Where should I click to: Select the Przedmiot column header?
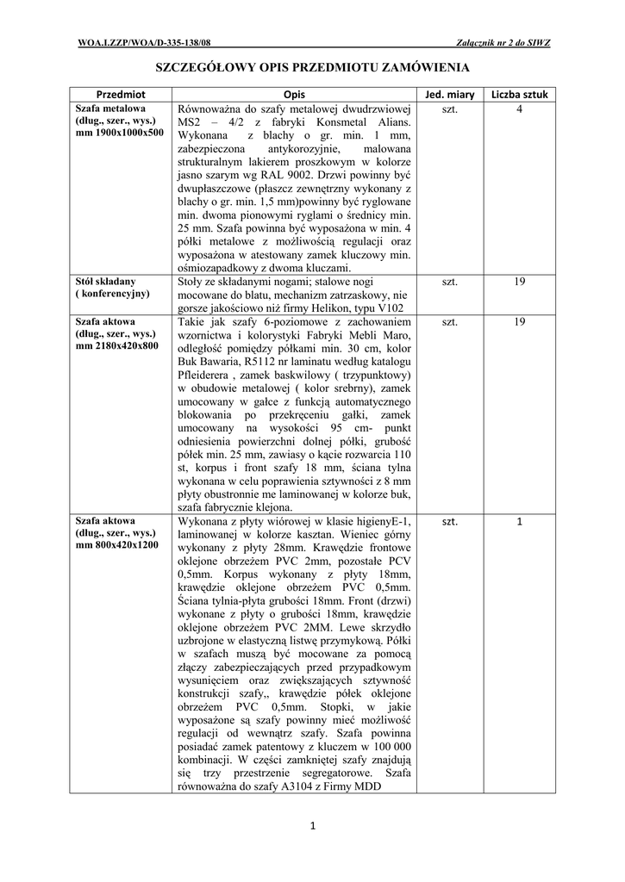[121, 93]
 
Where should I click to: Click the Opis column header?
[294, 93]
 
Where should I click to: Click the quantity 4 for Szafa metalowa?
[520, 109]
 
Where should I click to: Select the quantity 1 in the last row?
[520, 521]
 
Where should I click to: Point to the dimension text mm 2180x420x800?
[117, 345]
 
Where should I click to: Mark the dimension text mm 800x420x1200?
[117, 545]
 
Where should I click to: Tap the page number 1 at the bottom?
[313, 828]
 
